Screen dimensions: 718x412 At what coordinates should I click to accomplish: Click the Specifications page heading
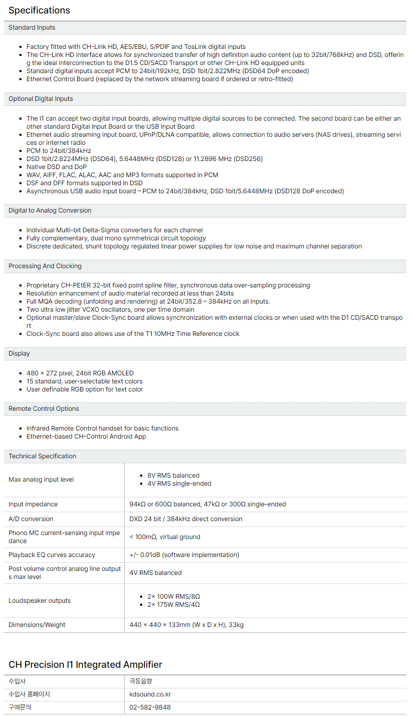pos(39,10)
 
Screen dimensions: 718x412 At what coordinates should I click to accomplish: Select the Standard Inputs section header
pos(32,27)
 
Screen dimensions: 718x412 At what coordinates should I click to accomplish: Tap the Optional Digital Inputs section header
pos(41,99)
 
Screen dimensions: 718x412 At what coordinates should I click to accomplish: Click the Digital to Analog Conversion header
pos(50,210)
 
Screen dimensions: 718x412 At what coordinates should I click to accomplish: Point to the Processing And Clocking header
pos(45,266)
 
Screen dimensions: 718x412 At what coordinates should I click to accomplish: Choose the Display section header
pos(19,353)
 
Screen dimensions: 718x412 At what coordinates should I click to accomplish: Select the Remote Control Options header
pos(44,409)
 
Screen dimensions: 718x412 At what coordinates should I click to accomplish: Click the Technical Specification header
pos(42,456)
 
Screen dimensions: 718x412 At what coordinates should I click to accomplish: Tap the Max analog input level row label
pos(41,479)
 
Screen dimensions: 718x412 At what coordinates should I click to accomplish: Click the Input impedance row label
pos(33,504)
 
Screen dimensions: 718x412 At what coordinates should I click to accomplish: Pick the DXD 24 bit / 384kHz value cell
pos(186,519)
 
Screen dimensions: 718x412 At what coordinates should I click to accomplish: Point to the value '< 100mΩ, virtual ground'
pos(165,537)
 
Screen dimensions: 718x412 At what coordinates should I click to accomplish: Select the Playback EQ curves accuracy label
pos(52,555)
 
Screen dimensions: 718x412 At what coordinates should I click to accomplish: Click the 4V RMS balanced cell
pos(155,573)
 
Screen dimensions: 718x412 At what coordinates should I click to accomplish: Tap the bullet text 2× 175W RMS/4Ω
pos(174,605)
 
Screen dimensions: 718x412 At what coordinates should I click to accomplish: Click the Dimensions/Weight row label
pos(37,625)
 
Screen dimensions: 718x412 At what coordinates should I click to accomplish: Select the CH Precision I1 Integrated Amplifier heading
pos(85,665)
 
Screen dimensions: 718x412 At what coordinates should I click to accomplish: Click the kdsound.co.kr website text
pos(150,694)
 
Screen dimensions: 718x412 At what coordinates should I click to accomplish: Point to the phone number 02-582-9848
pos(150,707)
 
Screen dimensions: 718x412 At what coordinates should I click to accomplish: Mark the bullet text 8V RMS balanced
pos(173,475)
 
